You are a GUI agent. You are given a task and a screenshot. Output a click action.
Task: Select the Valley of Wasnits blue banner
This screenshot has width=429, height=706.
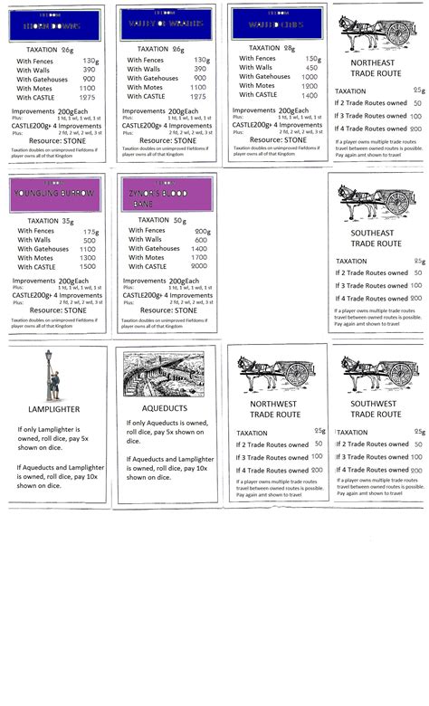pyautogui.click(x=166, y=24)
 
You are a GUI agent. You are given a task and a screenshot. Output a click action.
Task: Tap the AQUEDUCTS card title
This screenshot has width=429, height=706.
pyautogui.click(x=165, y=408)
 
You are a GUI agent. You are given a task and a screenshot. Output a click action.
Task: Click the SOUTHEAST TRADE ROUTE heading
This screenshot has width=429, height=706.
pyautogui.click(x=376, y=237)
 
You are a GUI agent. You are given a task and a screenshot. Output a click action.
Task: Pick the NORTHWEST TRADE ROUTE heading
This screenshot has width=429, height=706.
pyautogui.click(x=272, y=409)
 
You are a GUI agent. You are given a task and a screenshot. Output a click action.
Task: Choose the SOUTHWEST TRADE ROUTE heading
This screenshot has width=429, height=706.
pyautogui.click(x=376, y=409)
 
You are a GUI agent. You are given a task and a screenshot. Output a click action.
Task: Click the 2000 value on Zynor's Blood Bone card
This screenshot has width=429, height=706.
pyautogui.click(x=200, y=266)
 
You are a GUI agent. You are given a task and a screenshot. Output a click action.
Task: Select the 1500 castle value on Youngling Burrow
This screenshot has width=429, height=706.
pyautogui.click(x=88, y=266)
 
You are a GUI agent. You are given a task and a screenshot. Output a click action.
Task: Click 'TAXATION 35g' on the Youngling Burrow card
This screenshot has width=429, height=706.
pyautogui.click(x=50, y=220)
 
